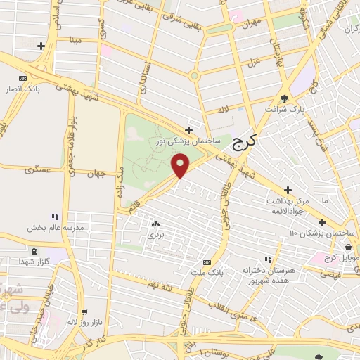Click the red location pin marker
181,165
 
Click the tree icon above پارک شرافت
284,98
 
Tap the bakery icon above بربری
154,224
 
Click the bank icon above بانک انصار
22,78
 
